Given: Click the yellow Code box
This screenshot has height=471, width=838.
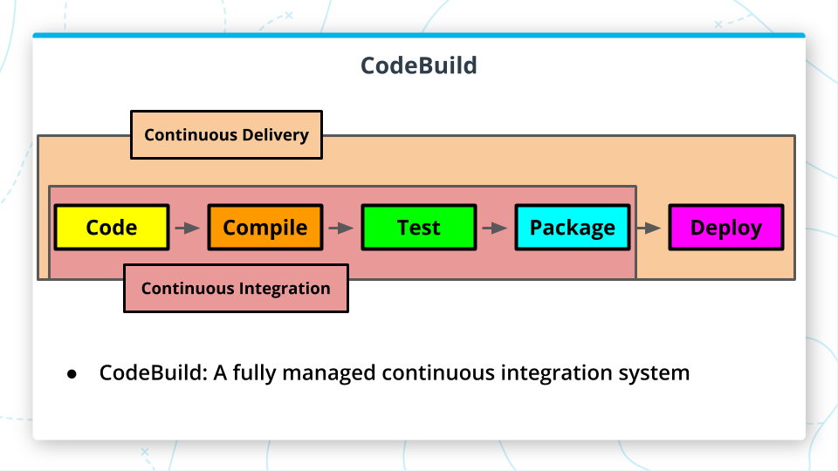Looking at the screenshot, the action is [x=112, y=227].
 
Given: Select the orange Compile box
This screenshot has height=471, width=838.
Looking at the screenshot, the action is [x=265, y=227].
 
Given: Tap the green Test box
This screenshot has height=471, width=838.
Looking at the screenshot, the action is [x=419, y=227].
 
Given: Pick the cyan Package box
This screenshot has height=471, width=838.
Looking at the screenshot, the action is [x=573, y=227].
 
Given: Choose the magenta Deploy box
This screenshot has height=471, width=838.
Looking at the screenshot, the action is [x=726, y=227].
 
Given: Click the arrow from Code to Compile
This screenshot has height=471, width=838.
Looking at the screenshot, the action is [x=188, y=228].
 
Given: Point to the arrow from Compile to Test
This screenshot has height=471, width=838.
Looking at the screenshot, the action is [x=341, y=228].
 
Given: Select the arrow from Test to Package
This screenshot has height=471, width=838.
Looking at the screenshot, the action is [x=495, y=228].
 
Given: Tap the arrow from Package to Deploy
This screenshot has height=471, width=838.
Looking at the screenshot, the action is [x=649, y=228].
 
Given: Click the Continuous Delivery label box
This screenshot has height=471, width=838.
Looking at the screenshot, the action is [x=227, y=134].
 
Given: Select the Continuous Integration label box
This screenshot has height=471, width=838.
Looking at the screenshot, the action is [x=236, y=289].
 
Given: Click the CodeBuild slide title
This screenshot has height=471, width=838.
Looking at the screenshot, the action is [x=419, y=65].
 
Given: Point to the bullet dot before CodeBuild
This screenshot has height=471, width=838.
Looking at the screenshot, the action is [x=72, y=374].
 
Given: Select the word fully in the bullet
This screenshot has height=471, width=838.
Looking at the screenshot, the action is [x=254, y=372].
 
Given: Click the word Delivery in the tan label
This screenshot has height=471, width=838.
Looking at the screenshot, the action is [x=275, y=135].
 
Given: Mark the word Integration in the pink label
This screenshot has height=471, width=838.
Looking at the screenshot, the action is [x=285, y=289].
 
